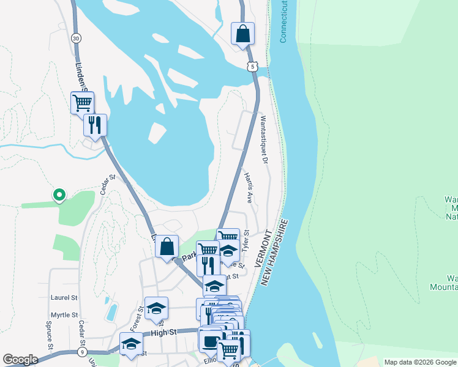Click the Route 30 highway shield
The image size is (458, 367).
(x=75, y=38)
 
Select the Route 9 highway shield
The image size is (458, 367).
(x=83, y=352)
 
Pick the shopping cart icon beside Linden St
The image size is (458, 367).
(x=82, y=102)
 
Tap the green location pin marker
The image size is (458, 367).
(x=59, y=195)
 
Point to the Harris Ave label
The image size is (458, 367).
(x=249, y=187)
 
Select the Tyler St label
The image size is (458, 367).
(x=246, y=242)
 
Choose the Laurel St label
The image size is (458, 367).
(x=65, y=297)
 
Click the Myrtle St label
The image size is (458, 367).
(x=65, y=314)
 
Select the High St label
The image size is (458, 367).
(x=163, y=332)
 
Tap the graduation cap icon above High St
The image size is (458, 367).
(x=156, y=308)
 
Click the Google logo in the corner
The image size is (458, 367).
(x=20, y=360)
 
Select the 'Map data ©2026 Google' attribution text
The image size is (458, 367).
(x=420, y=362)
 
